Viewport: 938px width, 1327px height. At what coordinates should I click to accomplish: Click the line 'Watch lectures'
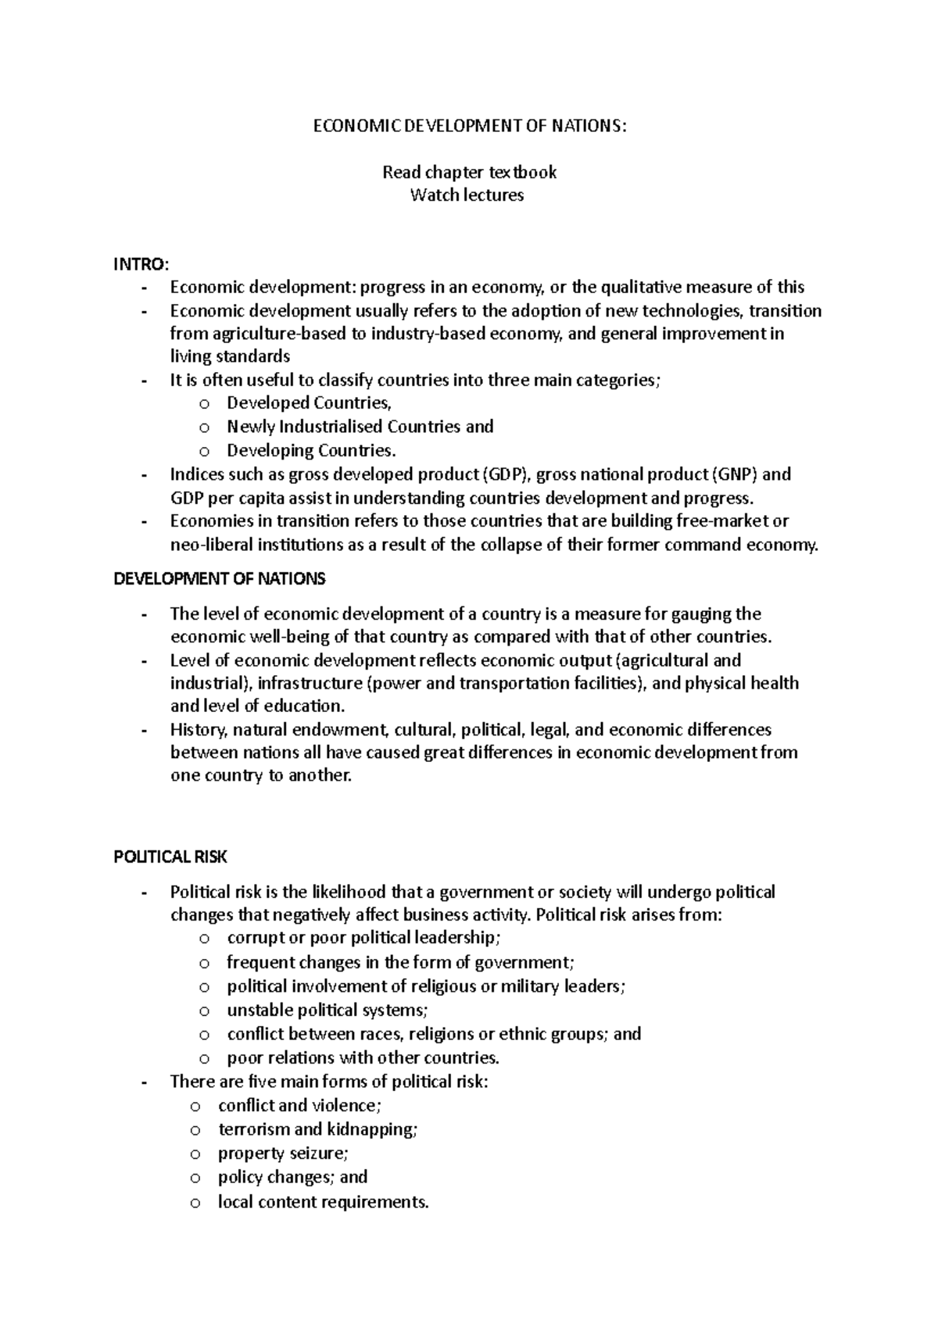click(x=467, y=195)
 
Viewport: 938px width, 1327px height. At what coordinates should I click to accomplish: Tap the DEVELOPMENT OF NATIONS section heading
click(x=220, y=579)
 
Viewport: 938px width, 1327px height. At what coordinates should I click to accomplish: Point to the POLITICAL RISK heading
click(x=170, y=857)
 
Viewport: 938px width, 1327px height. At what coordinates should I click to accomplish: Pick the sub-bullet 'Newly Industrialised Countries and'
click(x=360, y=427)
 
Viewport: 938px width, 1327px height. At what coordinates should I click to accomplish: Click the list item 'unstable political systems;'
click(x=328, y=1010)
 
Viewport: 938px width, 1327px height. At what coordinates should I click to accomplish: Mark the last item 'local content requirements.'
click(x=324, y=1202)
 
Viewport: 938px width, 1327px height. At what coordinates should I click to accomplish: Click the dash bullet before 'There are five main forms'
click(x=143, y=1082)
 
